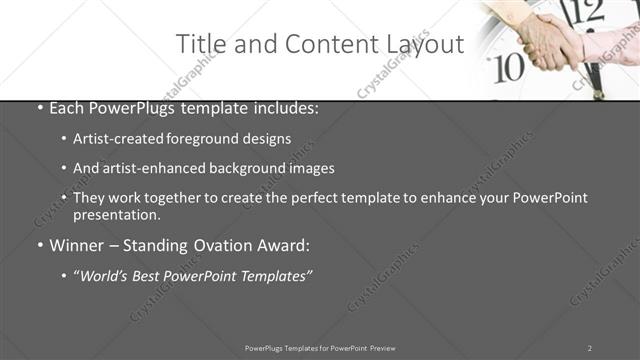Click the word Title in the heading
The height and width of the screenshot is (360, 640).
[198, 44]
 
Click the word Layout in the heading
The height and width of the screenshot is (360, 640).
[426, 44]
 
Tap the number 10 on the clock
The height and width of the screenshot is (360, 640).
[510, 67]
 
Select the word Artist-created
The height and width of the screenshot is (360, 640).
[115, 139]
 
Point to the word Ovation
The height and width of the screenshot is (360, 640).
[238, 245]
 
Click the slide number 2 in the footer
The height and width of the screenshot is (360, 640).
[590, 348]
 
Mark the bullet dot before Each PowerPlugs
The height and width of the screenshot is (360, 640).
[39, 108]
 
